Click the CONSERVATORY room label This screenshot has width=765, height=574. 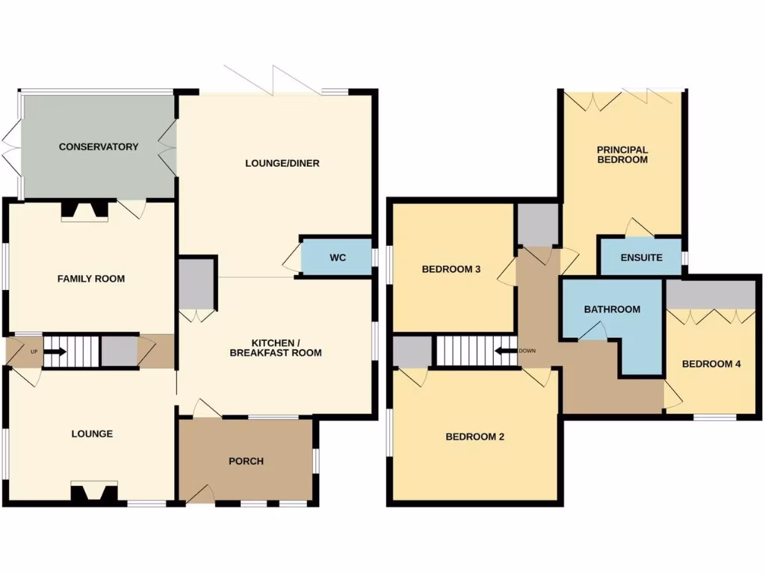click(x=99, y=146)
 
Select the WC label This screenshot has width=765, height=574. click(x=338, y=258)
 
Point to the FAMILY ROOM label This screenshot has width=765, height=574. click(x=91, y=279)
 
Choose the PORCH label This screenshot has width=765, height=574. click(x=246, y=461)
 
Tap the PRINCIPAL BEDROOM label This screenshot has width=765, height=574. click(x=622, y=155)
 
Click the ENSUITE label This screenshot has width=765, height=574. click(x=642, y=258)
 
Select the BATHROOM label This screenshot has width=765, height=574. click(x=612, y=309)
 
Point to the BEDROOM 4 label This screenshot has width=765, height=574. click(x=711, y=364)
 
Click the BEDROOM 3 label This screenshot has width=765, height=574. click(x=450, y=269)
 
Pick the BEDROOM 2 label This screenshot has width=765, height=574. click(x=474, y=436)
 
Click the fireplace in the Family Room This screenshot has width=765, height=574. click(x=85, y=211)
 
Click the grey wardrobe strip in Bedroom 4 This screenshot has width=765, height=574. click(x=711, y=295)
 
